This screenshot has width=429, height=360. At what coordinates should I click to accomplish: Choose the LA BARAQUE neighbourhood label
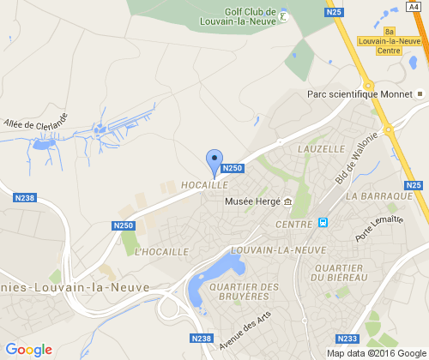(x=375, y=196)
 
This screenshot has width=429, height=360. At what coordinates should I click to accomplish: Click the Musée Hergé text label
(x=251, y=201)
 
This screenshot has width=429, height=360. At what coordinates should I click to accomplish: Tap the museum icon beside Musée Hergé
(x=287, y=201)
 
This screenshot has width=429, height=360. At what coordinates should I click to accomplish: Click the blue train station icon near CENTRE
(x=323, y=223)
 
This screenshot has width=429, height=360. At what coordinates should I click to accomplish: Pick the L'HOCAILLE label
(x=160, y=252)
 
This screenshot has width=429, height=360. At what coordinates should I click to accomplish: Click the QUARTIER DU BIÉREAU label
(x=341, y=273)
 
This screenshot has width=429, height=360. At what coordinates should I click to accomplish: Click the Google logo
(x=29, y=350)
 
